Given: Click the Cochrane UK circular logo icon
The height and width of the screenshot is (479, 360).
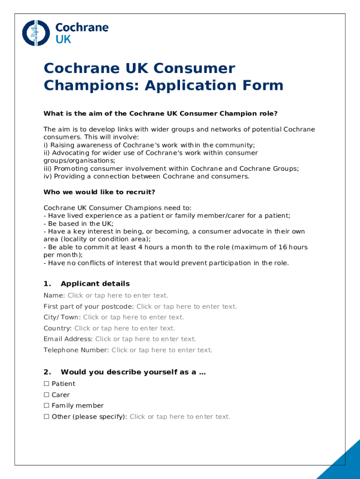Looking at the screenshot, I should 36,33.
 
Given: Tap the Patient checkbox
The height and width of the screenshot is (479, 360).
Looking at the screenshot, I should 46,384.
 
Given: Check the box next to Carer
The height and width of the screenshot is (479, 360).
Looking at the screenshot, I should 46,395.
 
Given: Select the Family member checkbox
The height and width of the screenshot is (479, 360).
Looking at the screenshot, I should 46,406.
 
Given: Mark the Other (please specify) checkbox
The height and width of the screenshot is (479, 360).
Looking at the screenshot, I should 46,416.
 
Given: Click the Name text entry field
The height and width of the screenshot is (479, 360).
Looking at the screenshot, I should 118,295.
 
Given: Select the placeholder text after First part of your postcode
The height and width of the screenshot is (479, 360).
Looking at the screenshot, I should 187,306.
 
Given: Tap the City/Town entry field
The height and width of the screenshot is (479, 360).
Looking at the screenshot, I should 133,317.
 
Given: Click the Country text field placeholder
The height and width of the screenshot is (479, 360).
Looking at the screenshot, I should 124,328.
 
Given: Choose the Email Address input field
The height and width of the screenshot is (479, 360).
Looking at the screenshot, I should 145,339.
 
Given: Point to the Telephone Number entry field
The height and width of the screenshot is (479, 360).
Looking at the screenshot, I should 162,350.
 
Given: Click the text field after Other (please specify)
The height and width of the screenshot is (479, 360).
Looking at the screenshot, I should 180,416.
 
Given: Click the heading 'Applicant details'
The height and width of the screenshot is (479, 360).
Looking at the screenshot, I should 95,283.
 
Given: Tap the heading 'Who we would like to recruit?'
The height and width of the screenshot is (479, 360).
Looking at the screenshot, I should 99,192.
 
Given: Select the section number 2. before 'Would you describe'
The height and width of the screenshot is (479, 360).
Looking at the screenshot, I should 47,372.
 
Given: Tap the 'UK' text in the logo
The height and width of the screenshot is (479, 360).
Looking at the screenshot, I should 63,39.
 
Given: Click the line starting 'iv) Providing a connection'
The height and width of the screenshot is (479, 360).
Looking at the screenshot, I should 146,176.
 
